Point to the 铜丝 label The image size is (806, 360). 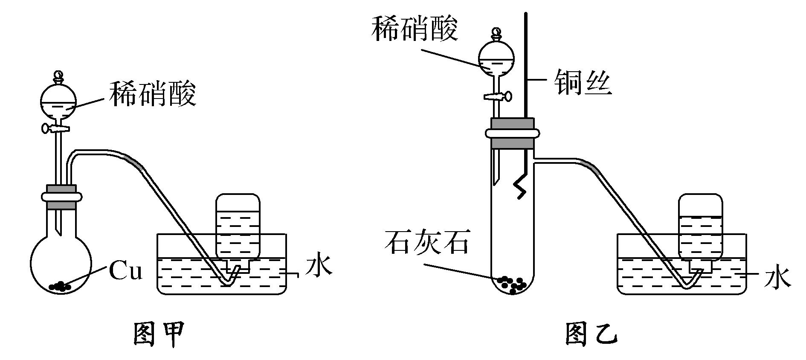(x=583, y=82)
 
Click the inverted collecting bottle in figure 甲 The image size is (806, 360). (x=238, y=226)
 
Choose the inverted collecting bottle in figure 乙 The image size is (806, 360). (x=700, y=227)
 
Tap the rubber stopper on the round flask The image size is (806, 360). (x=61, y=197)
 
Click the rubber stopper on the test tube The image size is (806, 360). (x=512, y=133)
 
